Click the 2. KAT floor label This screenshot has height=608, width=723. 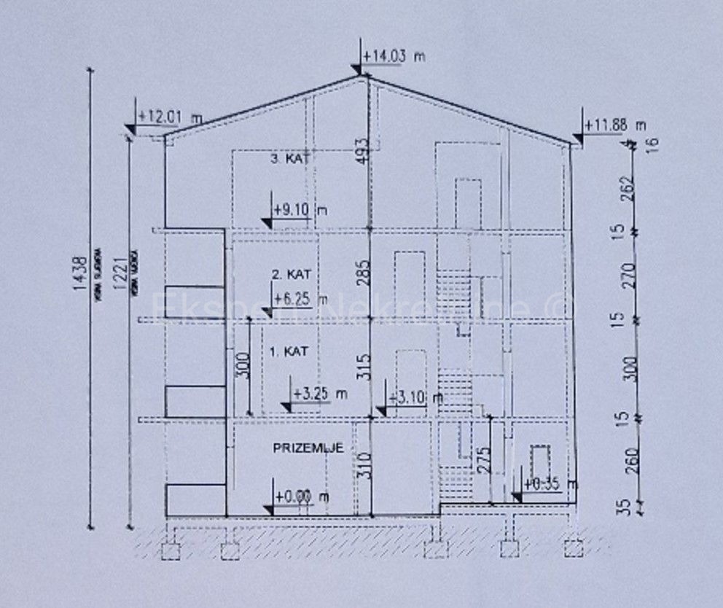tap(292, 275)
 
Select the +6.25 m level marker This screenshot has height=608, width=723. tap(299, 298)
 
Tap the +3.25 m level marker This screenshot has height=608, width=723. tap(318, 393)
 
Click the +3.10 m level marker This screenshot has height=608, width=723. tap(415, 397)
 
